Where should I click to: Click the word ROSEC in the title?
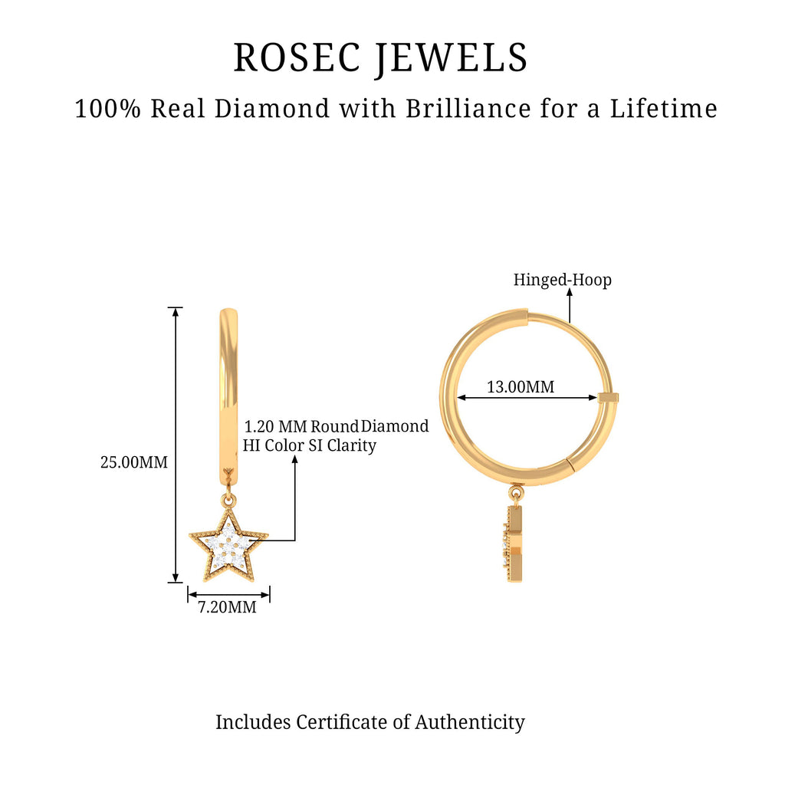click(297, 57)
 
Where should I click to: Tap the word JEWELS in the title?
click(452, 59)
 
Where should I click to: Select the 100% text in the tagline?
click(107, 109)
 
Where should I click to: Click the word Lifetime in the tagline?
click(663, 109)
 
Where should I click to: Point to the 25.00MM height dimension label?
click(134, 462)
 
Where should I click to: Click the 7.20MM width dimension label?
click(227, 607)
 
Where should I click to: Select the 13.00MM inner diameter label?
click(521, 387)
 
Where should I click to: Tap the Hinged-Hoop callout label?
click(562, 280)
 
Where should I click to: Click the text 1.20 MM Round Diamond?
click(336, 426)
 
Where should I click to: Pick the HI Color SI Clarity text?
click(310, 445)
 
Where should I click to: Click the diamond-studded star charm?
click(228, 546)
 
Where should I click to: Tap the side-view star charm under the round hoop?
click(514, 544)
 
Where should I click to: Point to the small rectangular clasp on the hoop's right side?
click(608, 398)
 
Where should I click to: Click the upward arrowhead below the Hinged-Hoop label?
click(570, 293)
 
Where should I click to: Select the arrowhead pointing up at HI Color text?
click(295, 461)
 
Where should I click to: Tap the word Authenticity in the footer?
click(470, 723)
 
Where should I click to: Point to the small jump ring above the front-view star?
click(228, 499)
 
